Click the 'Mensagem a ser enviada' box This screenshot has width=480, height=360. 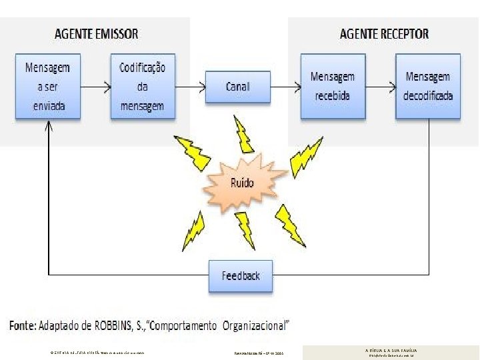pos(47,87)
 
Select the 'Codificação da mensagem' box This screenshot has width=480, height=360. pos(143,87)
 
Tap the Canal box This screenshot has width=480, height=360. pos(237,87)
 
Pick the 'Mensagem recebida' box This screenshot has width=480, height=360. pos(333,87)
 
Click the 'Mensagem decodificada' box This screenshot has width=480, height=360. pos(428,87)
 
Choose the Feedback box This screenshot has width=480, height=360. pos(241,275)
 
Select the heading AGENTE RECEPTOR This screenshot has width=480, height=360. pos(384,34)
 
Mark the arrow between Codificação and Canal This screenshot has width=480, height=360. pos(189,85)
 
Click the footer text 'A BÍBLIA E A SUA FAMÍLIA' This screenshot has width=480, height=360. pos(391,349)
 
